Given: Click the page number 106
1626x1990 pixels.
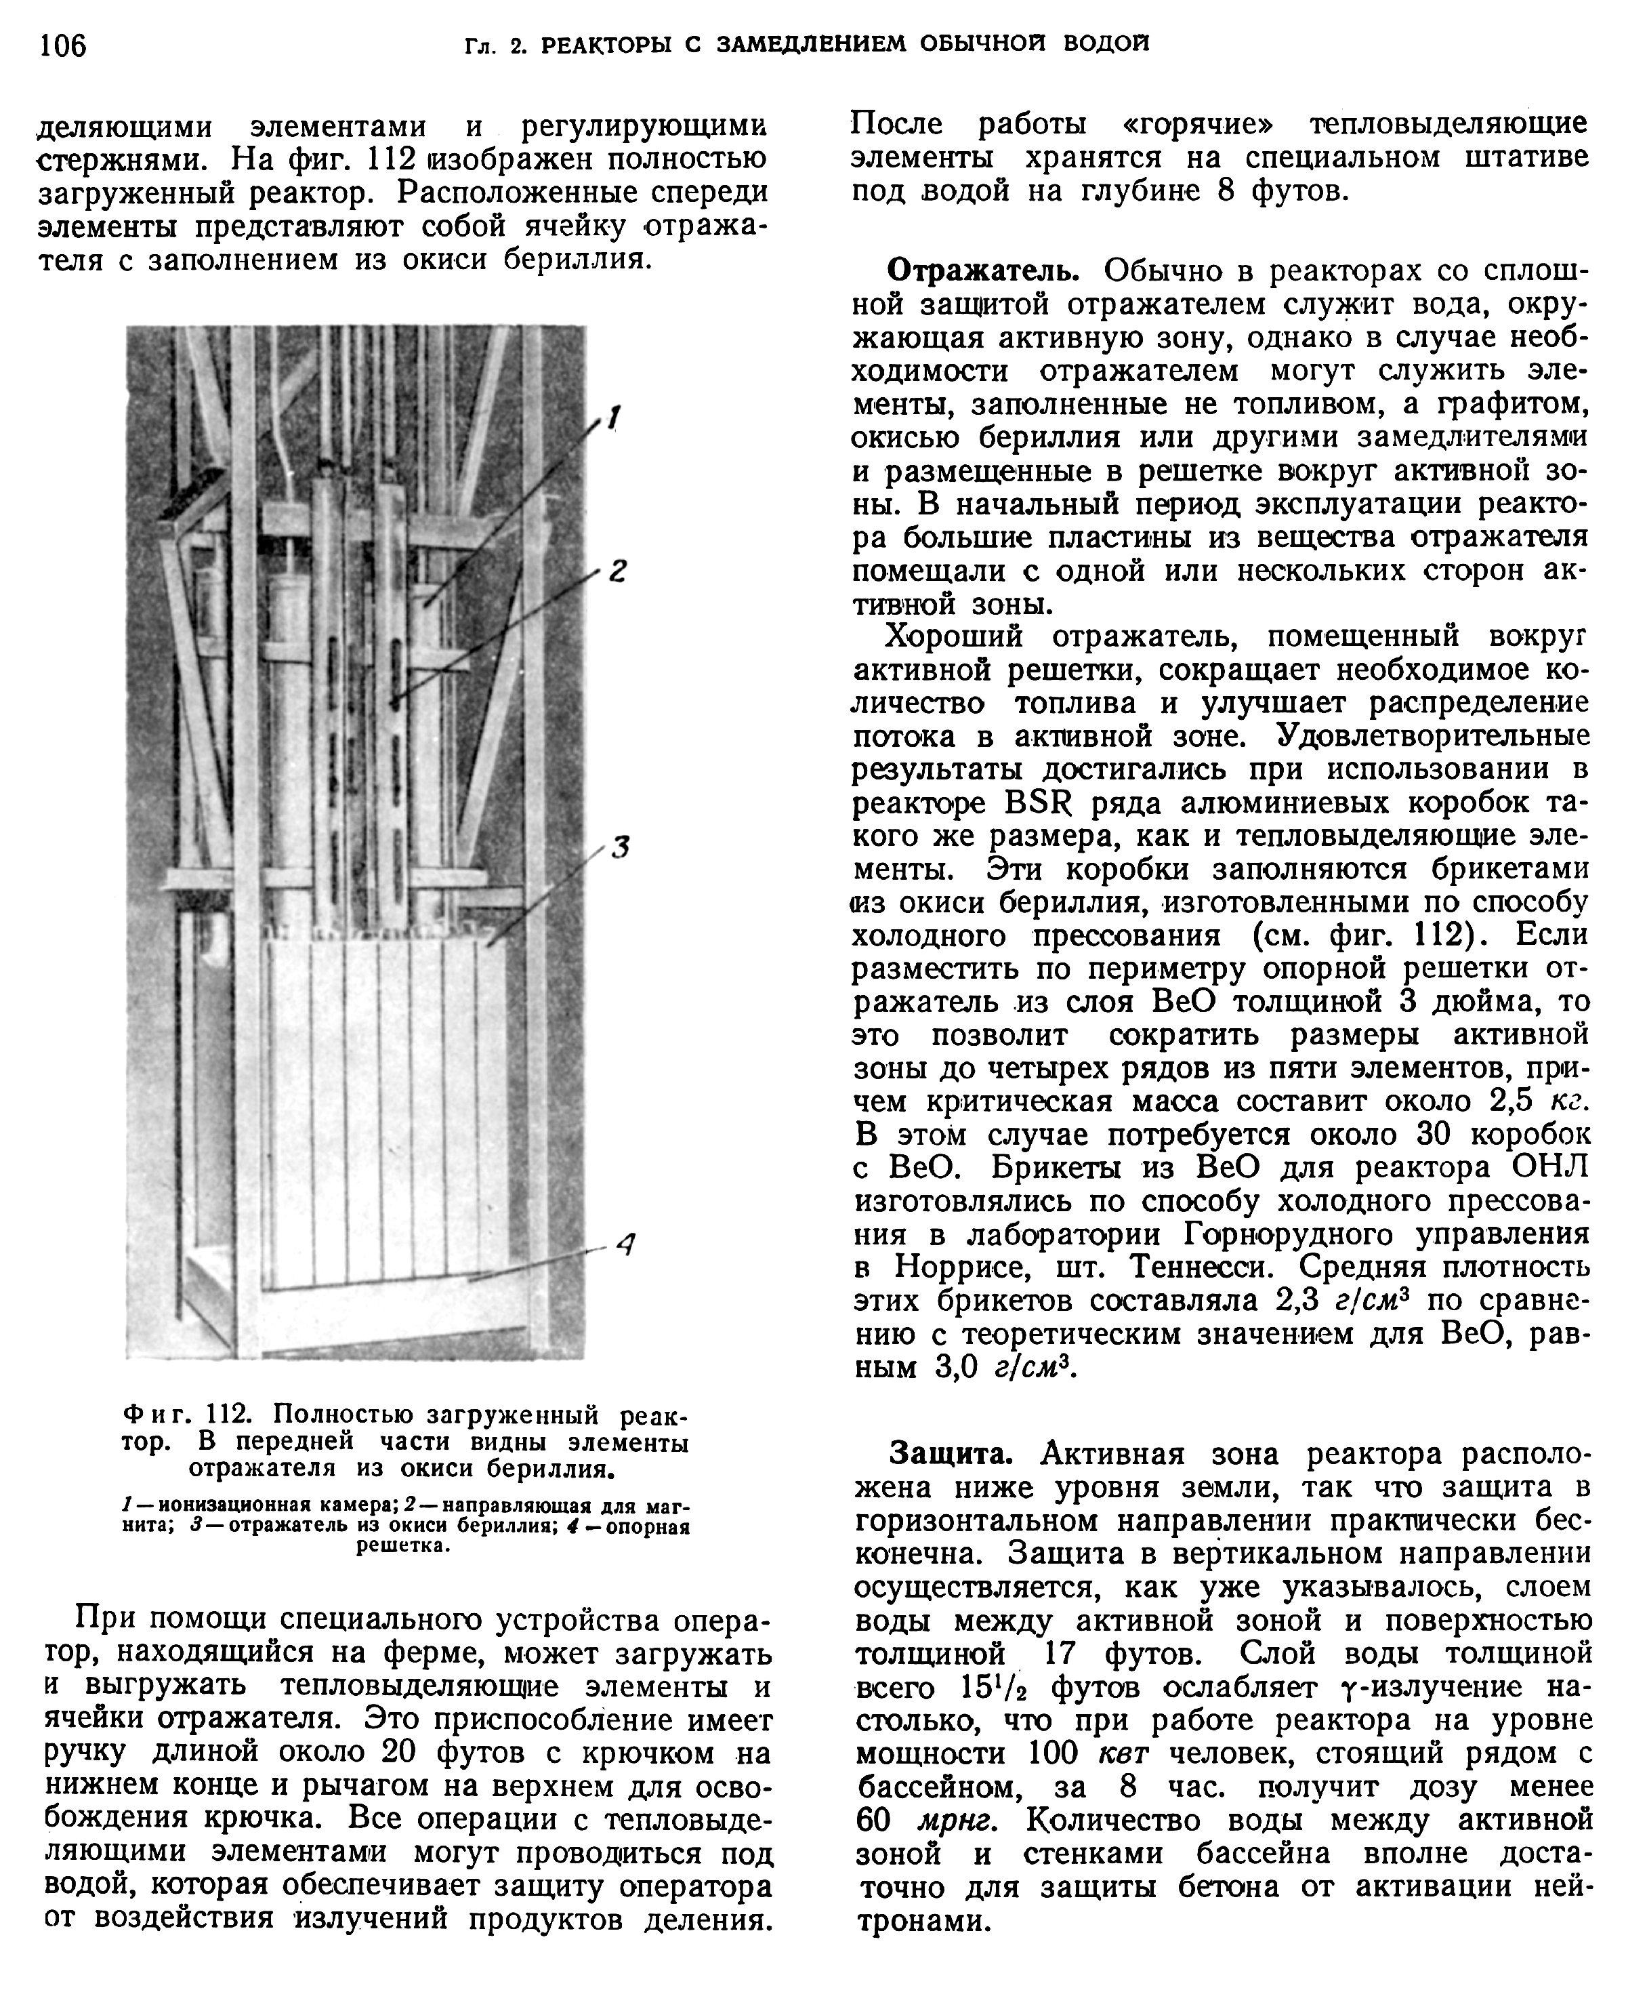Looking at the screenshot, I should point(63,45).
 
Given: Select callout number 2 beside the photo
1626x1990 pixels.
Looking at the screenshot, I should point(617,571).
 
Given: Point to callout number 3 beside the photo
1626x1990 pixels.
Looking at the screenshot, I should point(619,848).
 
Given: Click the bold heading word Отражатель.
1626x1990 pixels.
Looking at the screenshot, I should point(984,272).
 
